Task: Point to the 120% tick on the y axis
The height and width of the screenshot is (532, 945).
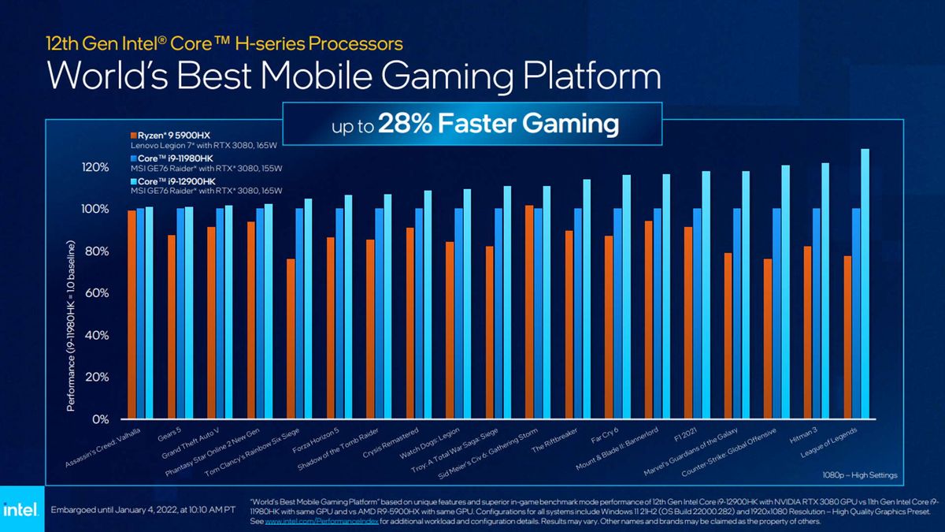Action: (x=94, y=168)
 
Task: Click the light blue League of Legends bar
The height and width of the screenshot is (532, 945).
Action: (x=865, y=284)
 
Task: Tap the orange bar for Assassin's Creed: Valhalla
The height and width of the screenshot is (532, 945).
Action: (x=132, y=314)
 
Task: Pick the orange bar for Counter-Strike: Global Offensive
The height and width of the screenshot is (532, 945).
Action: (x=768, y=339)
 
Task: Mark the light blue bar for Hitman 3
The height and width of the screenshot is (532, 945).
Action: (x=825, y=291)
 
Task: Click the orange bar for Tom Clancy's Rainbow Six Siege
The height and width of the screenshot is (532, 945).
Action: (x=291, y=339)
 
